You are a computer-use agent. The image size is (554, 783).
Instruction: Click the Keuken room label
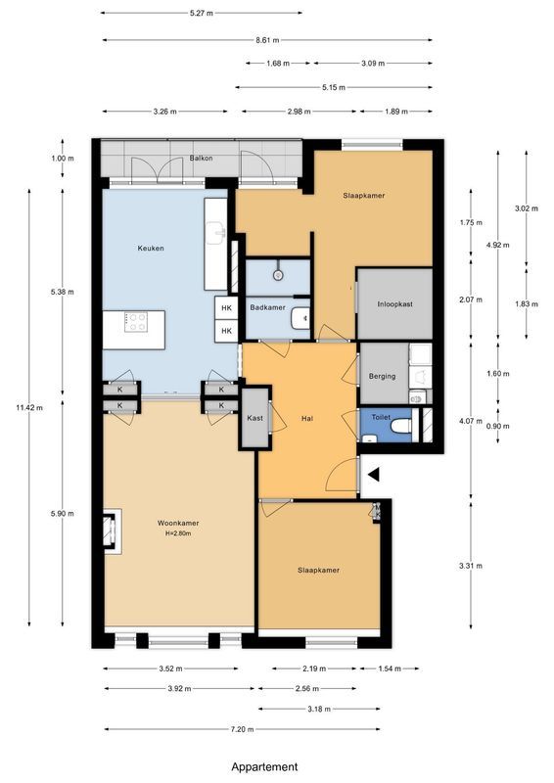[150, 249]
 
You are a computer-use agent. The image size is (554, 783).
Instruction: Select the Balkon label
[202, 157]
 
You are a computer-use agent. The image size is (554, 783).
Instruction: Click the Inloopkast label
[395, 304]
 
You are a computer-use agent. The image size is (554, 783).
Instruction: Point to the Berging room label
[382, 376]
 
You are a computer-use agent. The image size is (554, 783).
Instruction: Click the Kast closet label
[254, 418]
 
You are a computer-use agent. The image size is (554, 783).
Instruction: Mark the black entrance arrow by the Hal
[373, 475]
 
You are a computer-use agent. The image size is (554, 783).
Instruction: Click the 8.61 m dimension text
[267, 40]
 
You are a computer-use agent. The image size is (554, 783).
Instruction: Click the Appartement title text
[264, 767]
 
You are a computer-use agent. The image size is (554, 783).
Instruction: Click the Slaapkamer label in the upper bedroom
[363, 196]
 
